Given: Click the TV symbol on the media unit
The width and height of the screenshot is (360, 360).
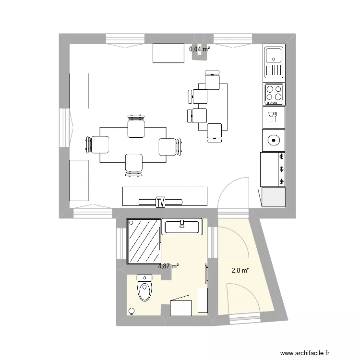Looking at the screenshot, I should (160, 203).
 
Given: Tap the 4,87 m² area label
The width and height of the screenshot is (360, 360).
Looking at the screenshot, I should (168, 265).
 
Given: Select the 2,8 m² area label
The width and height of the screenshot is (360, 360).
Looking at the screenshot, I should (240, 270).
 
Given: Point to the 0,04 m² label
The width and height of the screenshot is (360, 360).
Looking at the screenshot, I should (199, 48).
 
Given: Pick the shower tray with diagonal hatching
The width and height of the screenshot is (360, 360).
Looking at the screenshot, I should (143, 241).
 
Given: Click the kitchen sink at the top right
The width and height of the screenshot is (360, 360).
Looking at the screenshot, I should (274, 62).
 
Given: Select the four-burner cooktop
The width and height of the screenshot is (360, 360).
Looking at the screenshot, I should (274, 94).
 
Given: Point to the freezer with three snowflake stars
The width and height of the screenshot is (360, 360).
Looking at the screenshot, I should (272, 169).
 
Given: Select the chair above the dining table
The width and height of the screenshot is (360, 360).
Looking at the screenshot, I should (136, 127).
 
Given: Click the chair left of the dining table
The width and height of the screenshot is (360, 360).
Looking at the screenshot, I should (99, 144).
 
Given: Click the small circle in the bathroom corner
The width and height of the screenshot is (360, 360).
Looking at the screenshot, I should (131, 311).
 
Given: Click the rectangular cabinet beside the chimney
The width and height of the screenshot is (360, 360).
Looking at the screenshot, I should (168, 53).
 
